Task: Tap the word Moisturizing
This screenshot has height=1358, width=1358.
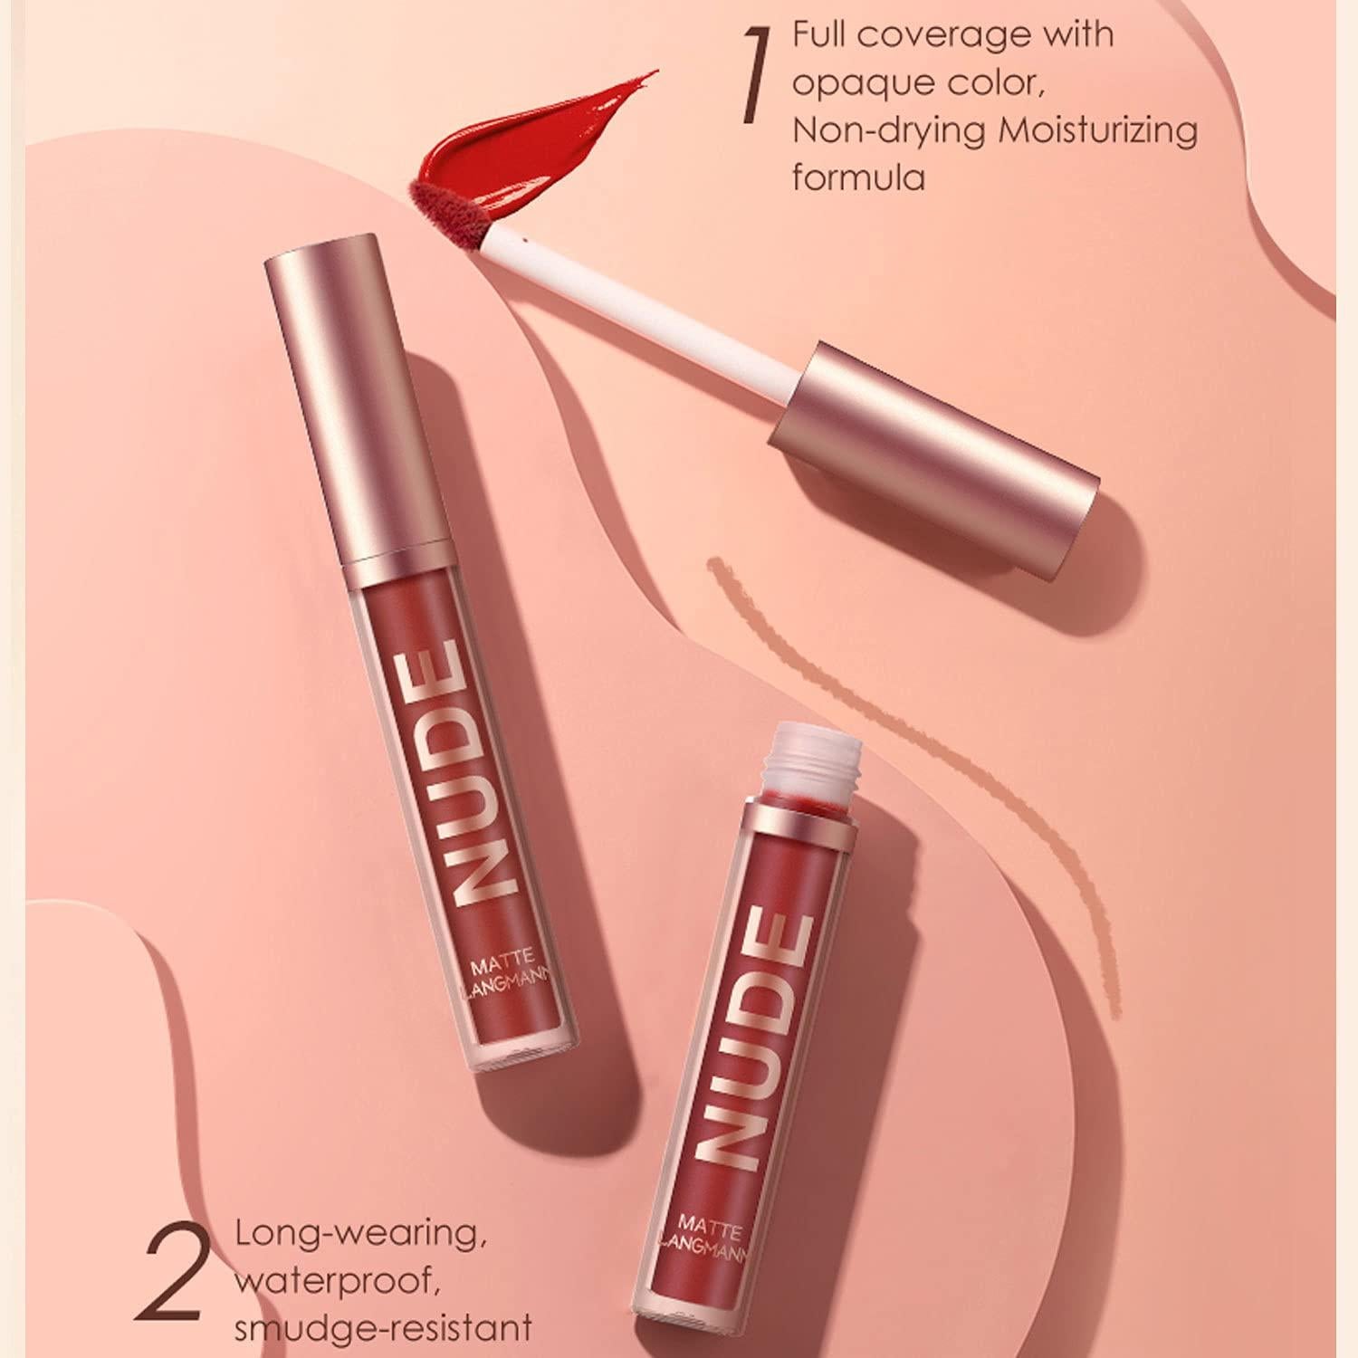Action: pyautogui.click(x=1097, y=129)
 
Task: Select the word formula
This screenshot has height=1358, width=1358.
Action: pyautogui.click(x=858, y=177)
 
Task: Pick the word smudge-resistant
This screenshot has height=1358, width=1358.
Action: pyautogui.click(x=382, y=1328)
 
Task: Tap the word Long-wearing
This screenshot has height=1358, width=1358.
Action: pyautogui.click(x=357, y=1233)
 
